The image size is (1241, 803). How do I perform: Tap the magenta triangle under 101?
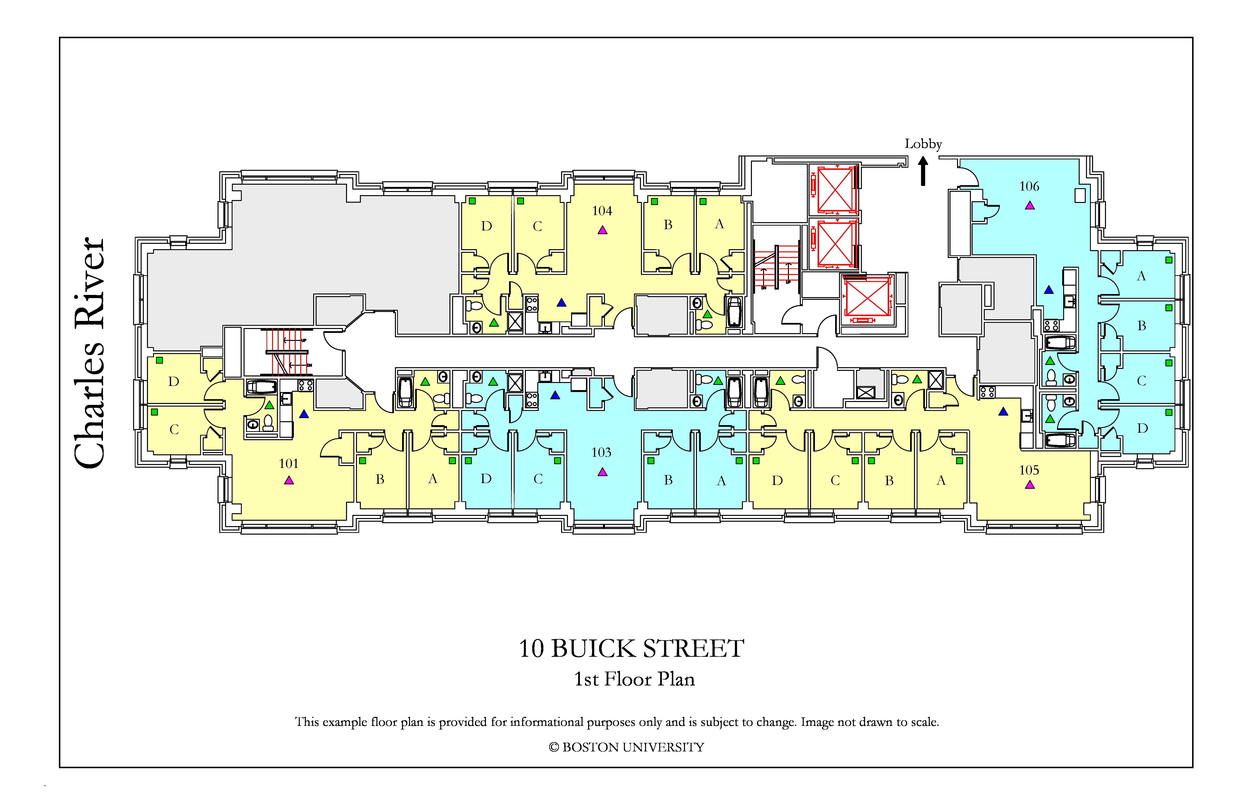[x=289, y=480]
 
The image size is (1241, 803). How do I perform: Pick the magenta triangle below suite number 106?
[x=1030, y=205]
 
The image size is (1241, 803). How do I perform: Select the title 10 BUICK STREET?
[x=631, y=649]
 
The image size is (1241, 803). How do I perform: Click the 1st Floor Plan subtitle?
[x=635, y=679]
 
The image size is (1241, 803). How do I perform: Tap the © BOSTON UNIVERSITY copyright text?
[x=626, y=747]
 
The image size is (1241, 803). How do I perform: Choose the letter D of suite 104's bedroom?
[x=486, y=226]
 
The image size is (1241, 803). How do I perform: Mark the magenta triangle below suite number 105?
[x=1030, y=485]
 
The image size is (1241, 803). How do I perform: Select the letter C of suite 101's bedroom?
[x=174, y=429]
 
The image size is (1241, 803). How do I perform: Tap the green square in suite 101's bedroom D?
[x=160, y=360]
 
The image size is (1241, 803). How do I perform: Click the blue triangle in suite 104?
[x=562, y=302]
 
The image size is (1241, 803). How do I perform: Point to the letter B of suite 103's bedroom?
[x=668, y=480]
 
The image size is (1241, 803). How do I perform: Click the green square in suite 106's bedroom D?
[x=1169, y=412]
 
